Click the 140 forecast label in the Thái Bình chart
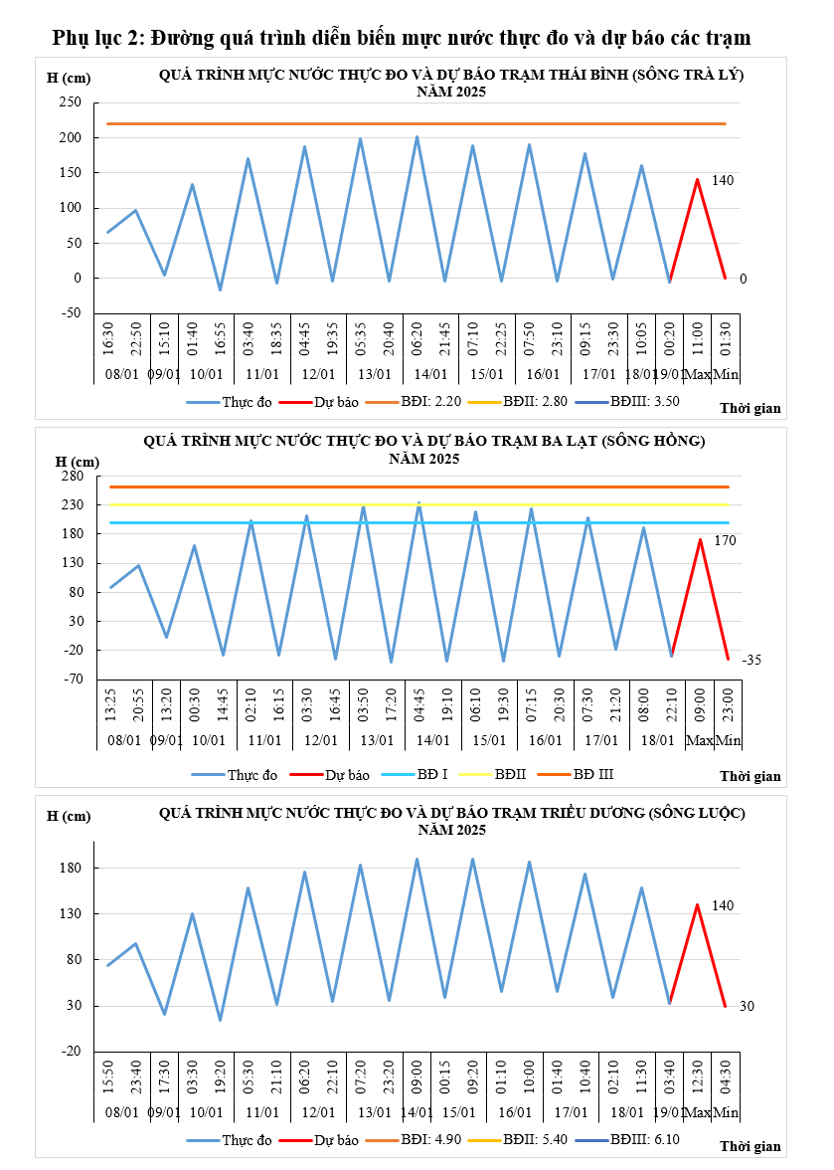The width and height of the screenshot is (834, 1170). [723, 180]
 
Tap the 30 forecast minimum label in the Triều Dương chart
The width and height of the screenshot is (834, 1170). [748, 1007]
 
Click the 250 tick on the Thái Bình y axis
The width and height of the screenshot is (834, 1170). [70, 102]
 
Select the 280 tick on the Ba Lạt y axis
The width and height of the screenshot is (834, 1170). [71, 477]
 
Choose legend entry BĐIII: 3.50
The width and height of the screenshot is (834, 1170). [639, 403]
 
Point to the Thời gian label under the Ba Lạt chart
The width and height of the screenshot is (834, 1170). [751, 776]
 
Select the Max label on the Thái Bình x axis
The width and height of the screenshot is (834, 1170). [699, 374]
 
